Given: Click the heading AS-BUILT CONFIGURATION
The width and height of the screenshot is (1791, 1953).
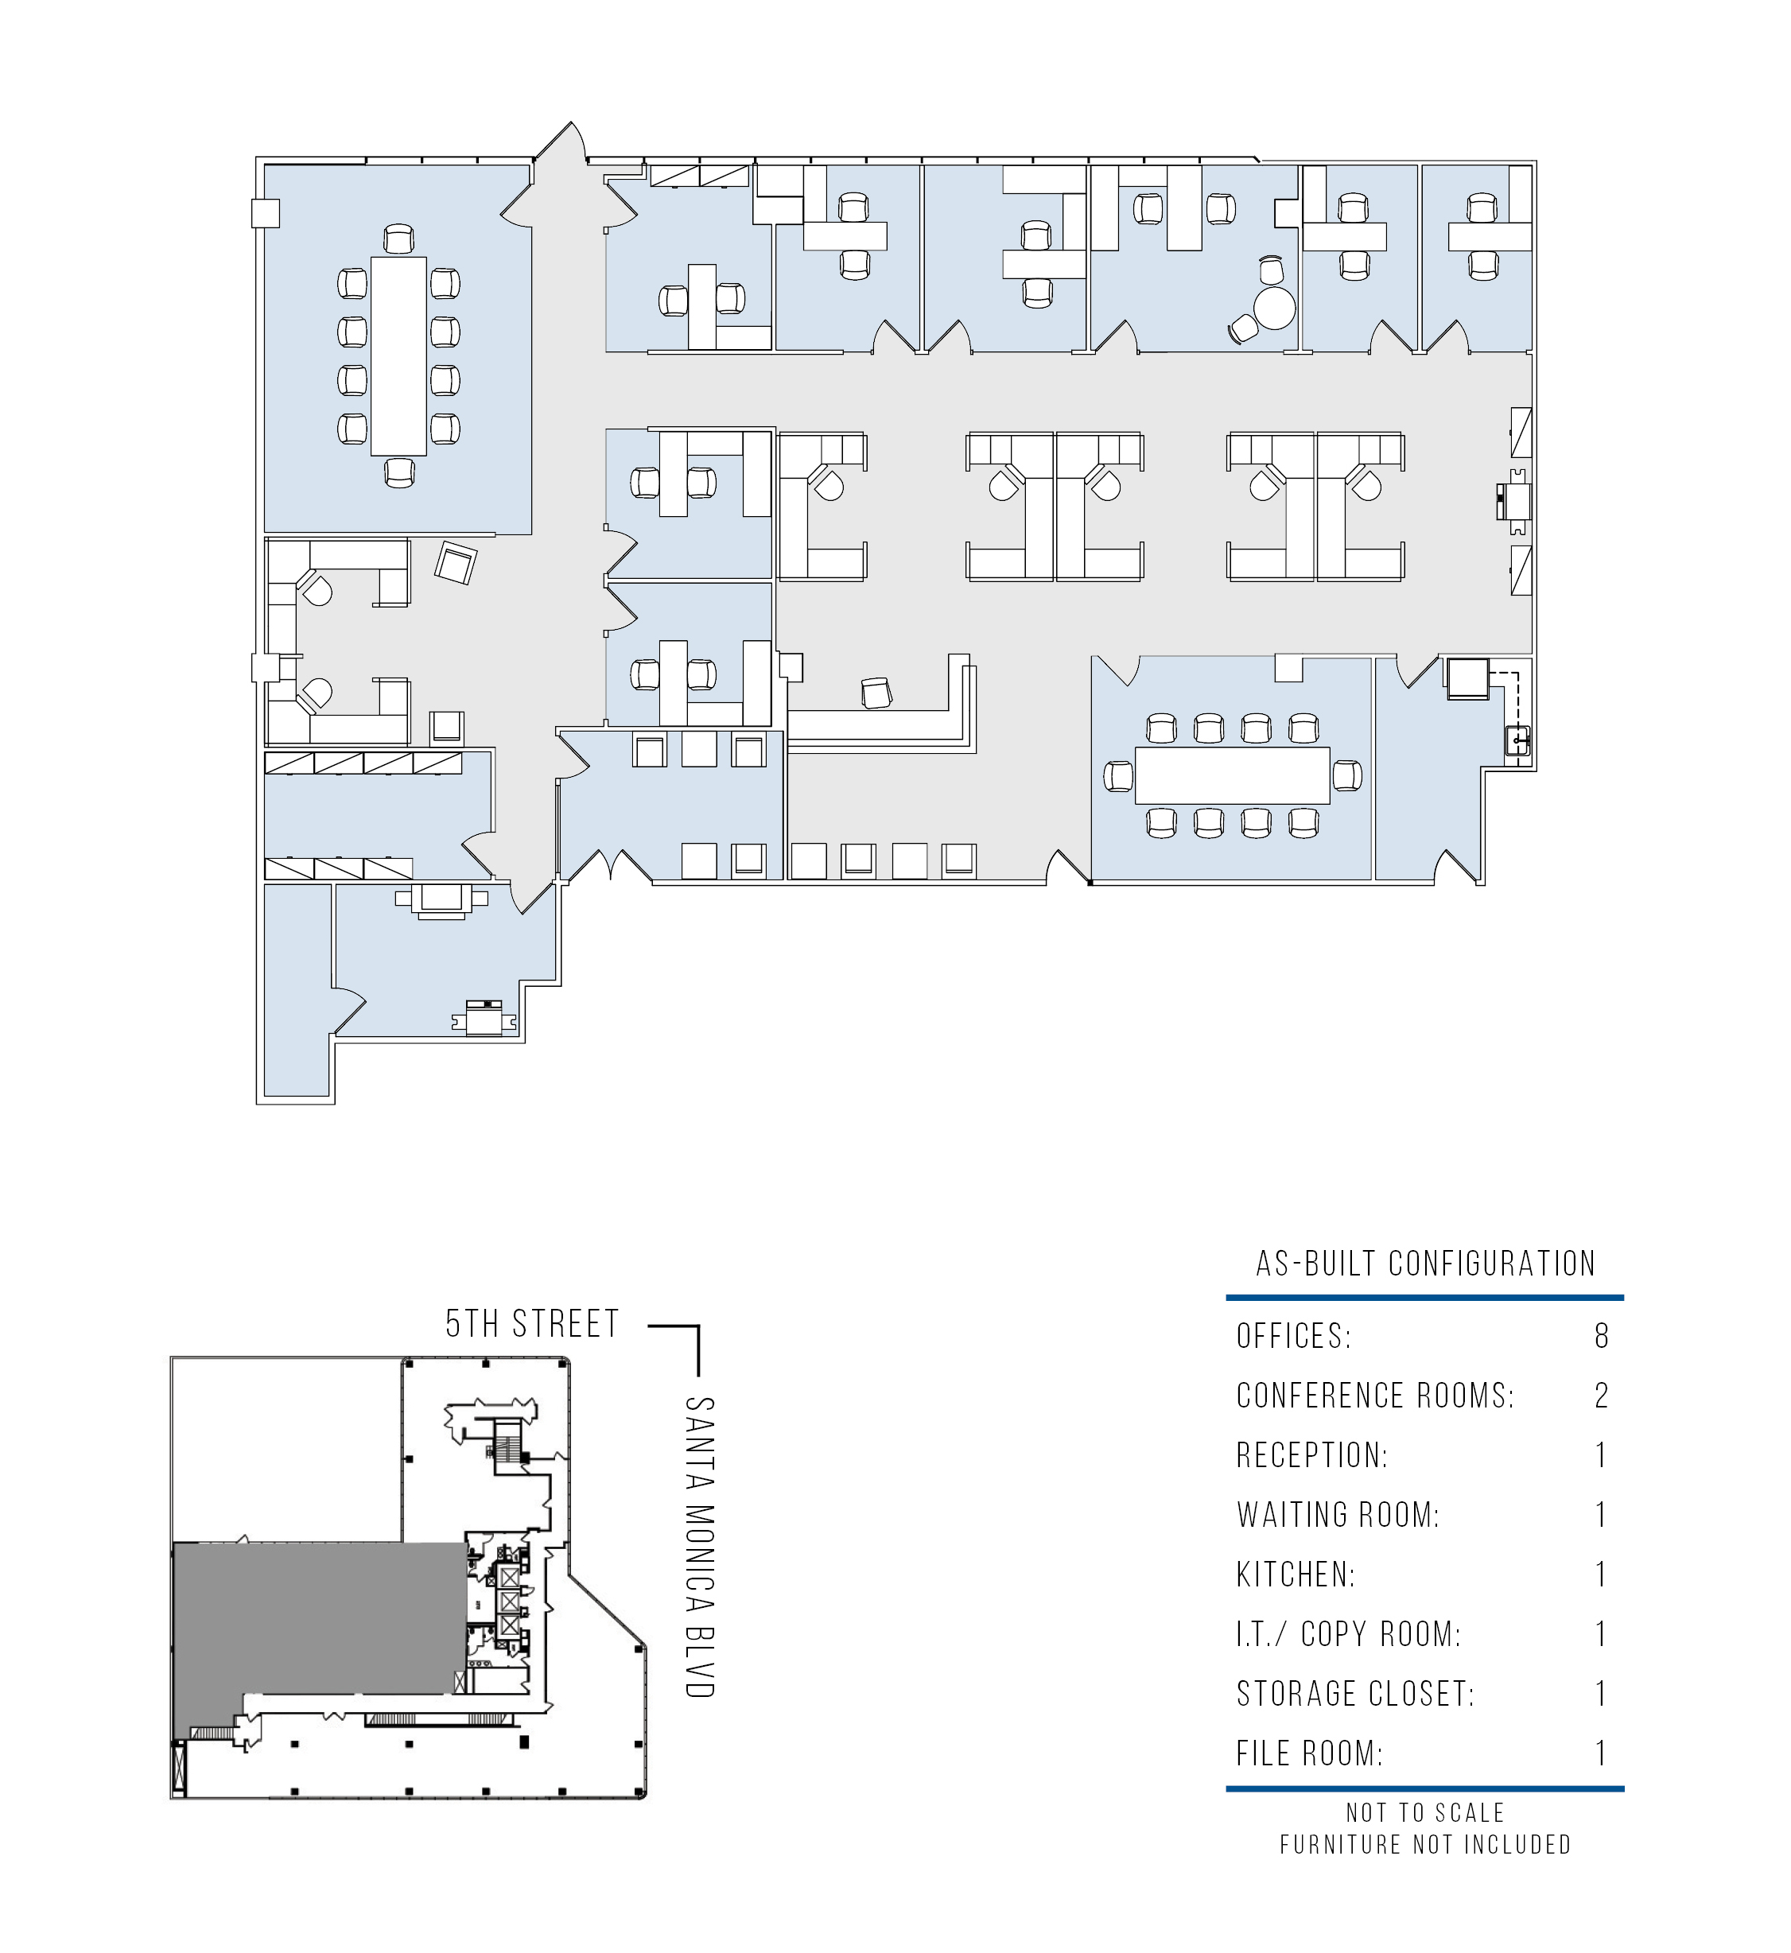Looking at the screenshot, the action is coord(1426,1264).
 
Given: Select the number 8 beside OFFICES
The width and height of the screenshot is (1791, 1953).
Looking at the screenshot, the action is coord(1602,1337).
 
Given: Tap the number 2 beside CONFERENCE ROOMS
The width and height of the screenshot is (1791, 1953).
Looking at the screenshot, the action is coord(1602,1396).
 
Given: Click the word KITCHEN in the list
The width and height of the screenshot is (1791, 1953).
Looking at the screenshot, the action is coord(1295,1575).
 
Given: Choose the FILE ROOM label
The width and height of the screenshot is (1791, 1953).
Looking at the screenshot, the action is coord(1309,1753).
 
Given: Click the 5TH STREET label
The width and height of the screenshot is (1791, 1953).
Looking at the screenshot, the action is coord(532,1324).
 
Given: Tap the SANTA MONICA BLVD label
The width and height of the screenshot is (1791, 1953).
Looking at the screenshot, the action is coord(700,1547).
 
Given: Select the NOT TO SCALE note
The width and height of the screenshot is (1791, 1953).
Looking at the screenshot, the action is coord(1424,1812).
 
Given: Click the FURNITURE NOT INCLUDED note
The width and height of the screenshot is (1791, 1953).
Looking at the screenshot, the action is coord(1424,1844).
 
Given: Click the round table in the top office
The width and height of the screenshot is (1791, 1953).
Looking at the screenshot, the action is coord(1274,309).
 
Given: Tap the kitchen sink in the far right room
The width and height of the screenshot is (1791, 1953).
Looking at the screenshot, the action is coord(1517,740).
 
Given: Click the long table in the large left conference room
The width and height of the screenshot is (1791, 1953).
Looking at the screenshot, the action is coord(398,355).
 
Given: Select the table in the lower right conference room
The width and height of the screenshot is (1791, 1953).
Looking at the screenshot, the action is coord(1232,775).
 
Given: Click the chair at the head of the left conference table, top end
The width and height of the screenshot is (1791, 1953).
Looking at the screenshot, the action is coord(398,239).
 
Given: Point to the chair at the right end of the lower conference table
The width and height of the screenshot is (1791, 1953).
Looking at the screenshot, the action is coord(1347,775).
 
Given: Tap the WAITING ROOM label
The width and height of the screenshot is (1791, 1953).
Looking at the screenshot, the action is coord(1338,1515).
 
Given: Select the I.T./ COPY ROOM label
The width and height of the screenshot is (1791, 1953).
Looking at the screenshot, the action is coord(1348,1634).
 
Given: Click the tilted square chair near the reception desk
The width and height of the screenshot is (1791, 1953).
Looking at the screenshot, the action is coord(456,562).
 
